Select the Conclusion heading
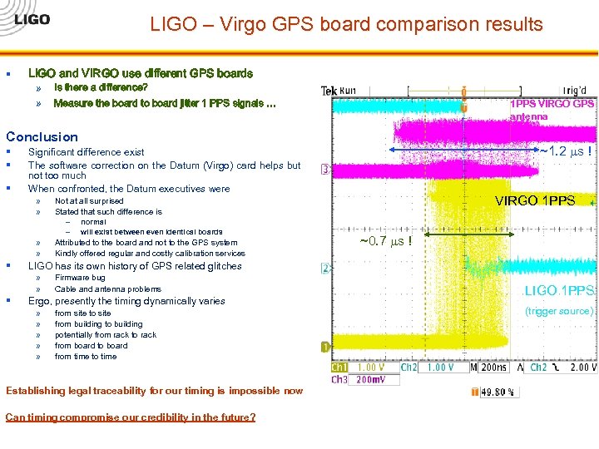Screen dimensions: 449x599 tap(42, 136)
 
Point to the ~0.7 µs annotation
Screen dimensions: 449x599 tap(385, 241)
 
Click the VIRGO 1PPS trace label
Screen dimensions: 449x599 tap(534, 200)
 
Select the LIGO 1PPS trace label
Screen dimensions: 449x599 tap(559, 290)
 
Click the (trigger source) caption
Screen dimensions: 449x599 tap(558, 311)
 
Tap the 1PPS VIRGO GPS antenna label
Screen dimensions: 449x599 tap(552, 110)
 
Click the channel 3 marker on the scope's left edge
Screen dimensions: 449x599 tap(325, 170)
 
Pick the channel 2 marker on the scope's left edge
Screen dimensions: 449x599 tap(325, 269)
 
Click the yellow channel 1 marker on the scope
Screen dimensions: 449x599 tap(325, 346)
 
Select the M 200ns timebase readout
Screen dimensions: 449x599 tap(488, 368)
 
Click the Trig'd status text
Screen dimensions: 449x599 tap(574, 90)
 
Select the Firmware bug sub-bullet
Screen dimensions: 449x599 tap(80, 278)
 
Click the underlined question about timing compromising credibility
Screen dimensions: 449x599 tap(131, 417)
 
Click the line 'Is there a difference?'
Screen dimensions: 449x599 tap(101, 87)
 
